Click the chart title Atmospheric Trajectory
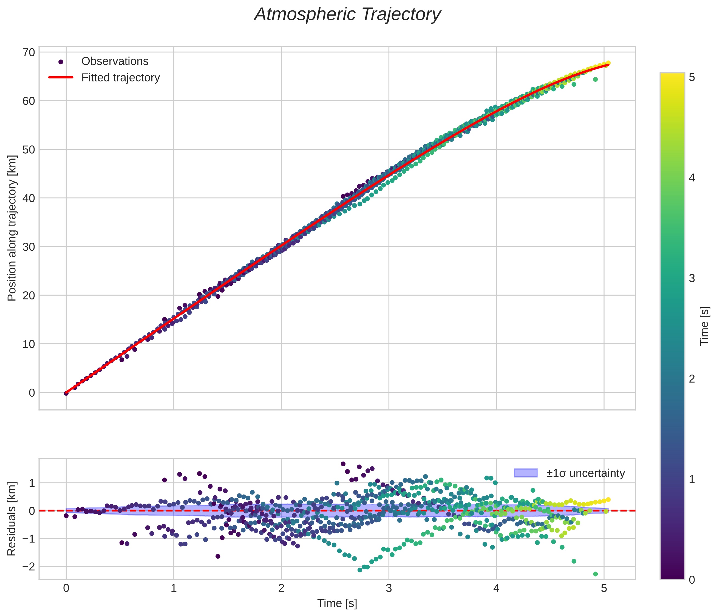pos(347,15)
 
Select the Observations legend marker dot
pos(61,62)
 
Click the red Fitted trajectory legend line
pos(61,78)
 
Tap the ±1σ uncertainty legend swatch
pos(525,473)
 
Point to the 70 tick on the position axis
pos(29,53)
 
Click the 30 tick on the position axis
pos(29,247)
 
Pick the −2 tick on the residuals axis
pos(28,567)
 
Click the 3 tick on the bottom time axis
pos(389,589)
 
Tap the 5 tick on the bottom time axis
pos(604,589)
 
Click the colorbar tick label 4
pos(692,178)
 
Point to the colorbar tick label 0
pos(692,580)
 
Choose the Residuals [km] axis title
pos(12,518)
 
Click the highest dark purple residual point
pos(343,464)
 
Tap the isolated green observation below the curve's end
pos(595,79)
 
